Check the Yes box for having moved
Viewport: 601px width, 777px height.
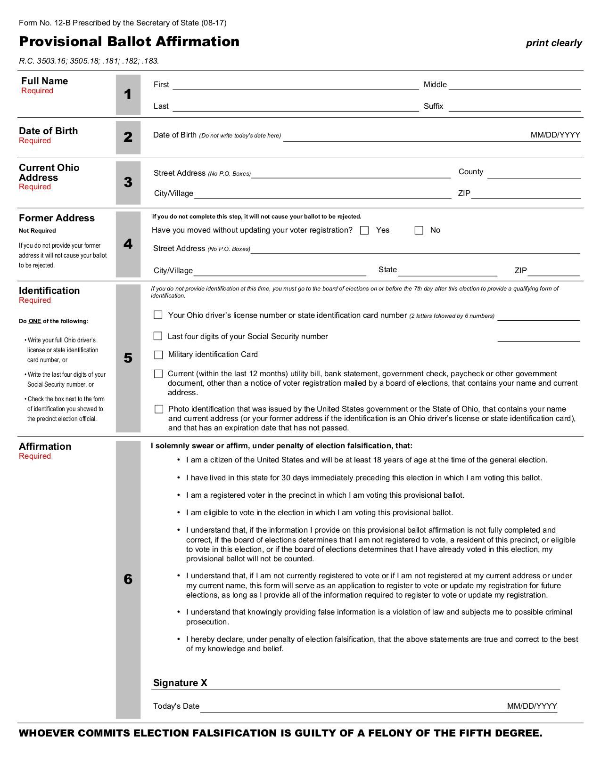click(x=364, y=230)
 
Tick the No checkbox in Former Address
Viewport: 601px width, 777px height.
click(x=419, y=230)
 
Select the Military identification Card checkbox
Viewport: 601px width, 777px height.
click(x=158, y=355)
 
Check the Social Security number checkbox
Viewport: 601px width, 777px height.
click(x=158, y=336)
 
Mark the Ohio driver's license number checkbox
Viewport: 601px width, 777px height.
click(x=158, y=315)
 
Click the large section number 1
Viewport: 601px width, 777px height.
click(x=128, y=95)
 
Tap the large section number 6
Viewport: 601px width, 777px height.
click(x=128, y=579)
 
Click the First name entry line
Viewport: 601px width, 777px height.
click(x=295, y=85)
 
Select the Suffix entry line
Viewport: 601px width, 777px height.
click(x=514, y=107)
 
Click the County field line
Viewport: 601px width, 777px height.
click(x=534, y=174)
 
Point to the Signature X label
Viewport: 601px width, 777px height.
click(x=180, y=683)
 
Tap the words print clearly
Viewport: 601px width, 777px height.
click(x=554, y=43)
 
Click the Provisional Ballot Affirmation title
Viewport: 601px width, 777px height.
click(x=129, y=41)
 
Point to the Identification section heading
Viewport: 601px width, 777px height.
click(x=49, y=291)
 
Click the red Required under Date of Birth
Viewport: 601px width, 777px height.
click(x=35, y=141)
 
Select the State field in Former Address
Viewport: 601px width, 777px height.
click(x=447, y=271)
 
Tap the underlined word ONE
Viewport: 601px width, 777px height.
click(x=35, y=321)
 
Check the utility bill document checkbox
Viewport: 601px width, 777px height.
click(x=158, y=374)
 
